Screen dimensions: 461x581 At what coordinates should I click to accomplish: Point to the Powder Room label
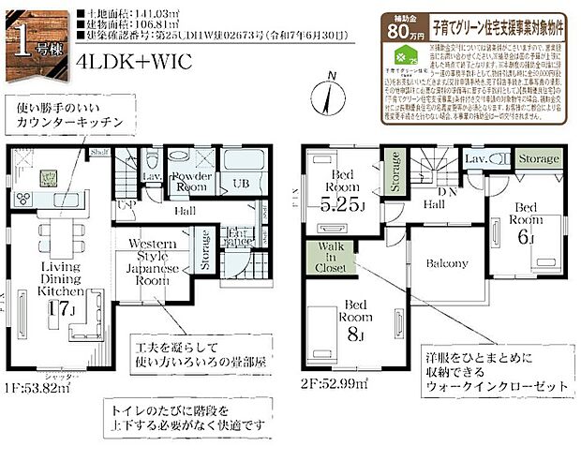(x=191, y=182)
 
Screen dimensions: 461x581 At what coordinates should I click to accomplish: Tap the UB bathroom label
(x=241, y=184)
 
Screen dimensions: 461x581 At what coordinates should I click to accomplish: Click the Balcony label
(x=446, y=263)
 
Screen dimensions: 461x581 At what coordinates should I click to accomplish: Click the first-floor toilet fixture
(x=153, y=158)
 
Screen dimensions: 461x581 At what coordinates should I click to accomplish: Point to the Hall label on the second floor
(x=433, y=203)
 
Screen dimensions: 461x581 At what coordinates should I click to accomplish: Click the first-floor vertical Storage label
(x=204, y=251)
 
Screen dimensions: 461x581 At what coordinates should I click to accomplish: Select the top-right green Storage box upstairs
(x=539, y=160)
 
